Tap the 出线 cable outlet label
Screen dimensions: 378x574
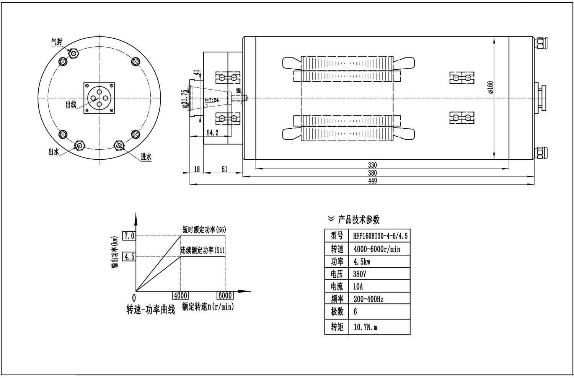(x=71, y=104)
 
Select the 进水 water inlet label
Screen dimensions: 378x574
(x=146, y=157)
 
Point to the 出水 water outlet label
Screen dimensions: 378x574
(x=54, y=152)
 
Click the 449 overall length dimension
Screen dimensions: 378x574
(x=372, y=181)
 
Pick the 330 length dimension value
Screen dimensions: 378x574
(x=372, y=165)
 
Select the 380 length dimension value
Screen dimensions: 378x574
(x=372, y=173)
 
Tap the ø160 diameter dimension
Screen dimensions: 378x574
(x=491, y=87)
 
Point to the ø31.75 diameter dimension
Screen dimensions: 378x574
(x=185, y=99)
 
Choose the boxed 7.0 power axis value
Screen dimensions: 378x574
(x=129, y=236)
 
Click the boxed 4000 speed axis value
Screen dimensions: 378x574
(x=180, y=296)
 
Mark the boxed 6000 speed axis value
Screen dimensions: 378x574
(x=225, y=296)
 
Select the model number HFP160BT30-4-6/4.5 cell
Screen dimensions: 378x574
(x=380, y=236)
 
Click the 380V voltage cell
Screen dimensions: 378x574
(x=360, y=274)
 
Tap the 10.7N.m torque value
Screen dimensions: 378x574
(x=365, y=327)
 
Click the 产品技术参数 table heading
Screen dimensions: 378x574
(x=359, y=219)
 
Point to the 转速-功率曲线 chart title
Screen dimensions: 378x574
(x=150, y=309)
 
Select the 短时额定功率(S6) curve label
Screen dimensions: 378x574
(x=204, y=230)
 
